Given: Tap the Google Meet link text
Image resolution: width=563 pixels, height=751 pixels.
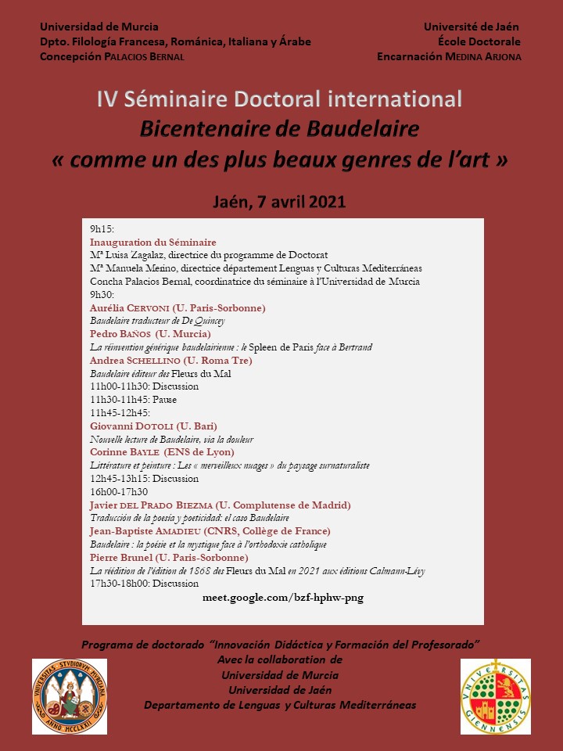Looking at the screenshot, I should coord(282,598).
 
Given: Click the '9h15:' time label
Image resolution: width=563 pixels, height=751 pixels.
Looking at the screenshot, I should coord(102,229).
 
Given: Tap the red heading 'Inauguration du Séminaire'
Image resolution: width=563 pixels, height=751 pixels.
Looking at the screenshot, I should coord(153,243).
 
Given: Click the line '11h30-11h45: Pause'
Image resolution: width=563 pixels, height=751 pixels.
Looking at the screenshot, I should coord(134,400).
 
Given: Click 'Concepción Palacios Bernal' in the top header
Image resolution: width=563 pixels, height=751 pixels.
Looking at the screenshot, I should coord(113,56).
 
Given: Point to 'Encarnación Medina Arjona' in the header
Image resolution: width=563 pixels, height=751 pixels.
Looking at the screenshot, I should coord(449,56).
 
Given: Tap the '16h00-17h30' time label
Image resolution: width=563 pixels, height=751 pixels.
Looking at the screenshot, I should coord(119,491).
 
